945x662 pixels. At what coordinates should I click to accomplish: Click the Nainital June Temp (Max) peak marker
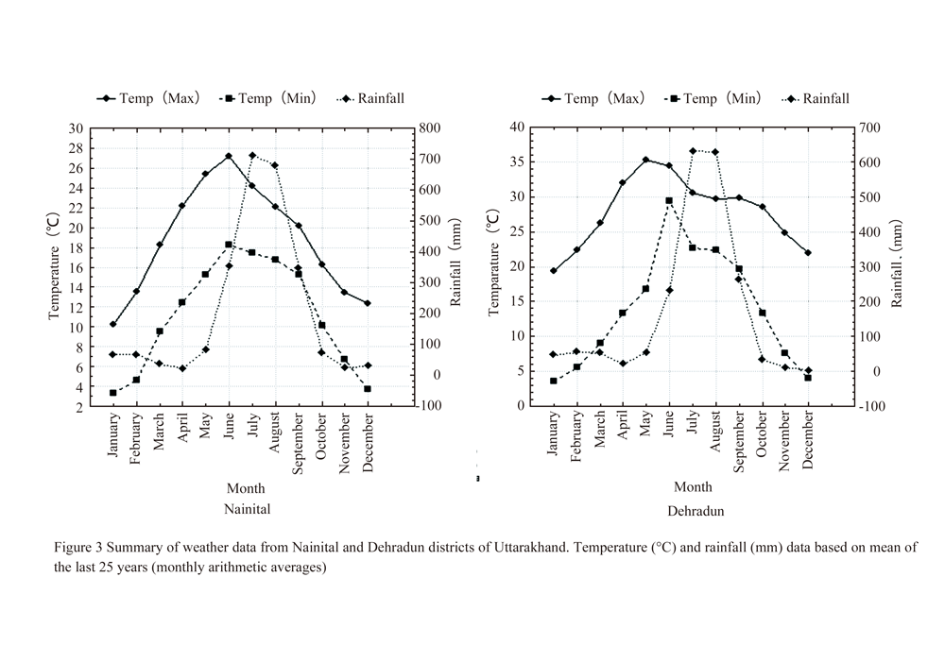coord(229,156)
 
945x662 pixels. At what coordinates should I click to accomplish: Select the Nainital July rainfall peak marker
coord(252,155)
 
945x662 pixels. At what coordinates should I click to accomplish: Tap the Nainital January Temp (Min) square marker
coord(113,393)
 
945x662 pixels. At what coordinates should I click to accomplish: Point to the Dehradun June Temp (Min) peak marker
coord(669,200)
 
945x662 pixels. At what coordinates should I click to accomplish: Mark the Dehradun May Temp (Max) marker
coord(646,160)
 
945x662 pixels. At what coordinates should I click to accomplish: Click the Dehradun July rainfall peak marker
coord(693,150)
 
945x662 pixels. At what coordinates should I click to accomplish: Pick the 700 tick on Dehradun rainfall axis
coord(870,127)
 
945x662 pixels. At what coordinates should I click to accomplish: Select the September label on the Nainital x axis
coord(299,444)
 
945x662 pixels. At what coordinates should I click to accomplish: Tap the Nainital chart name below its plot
coord(247,509)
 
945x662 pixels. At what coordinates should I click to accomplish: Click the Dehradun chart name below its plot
coord(694,510)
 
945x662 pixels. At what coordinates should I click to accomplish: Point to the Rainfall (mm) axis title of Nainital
coord(455,266)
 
